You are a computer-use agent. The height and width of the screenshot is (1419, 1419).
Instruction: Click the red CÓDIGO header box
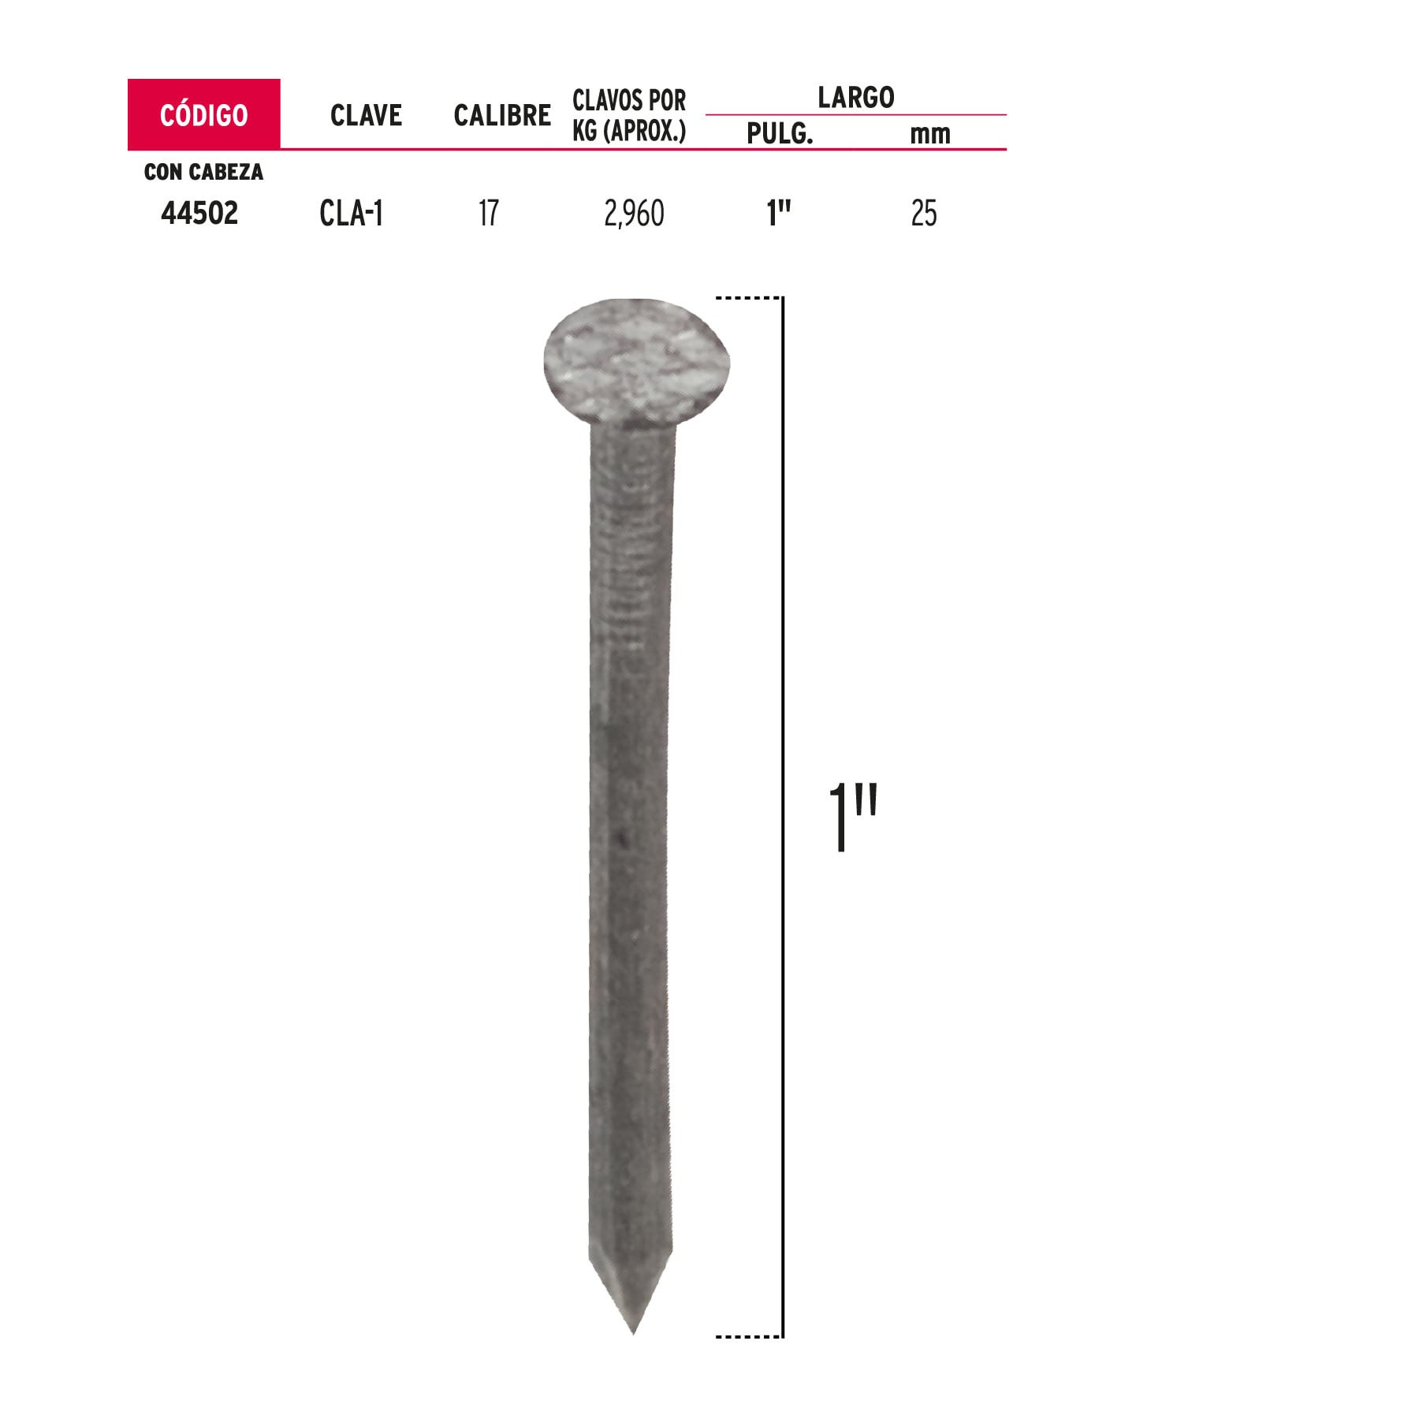coord(203,114)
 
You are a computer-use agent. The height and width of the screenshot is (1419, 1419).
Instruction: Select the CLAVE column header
coord(366,115)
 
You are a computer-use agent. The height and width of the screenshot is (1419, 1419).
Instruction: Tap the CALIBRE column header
coord(502,115)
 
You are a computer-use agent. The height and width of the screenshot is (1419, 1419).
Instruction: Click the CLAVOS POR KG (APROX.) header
coord(629,115)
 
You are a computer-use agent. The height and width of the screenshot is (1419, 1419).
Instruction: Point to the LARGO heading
coord(855,97)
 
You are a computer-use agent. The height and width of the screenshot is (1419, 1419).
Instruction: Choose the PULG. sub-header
coord(780,133)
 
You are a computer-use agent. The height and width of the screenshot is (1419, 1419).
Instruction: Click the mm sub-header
coord(930,135)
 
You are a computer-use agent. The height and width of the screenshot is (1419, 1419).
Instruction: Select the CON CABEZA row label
coord(203,172)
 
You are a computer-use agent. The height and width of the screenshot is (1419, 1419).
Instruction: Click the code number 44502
coord(199,213)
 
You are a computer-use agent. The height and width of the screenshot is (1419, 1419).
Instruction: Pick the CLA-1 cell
coord(352,213)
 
